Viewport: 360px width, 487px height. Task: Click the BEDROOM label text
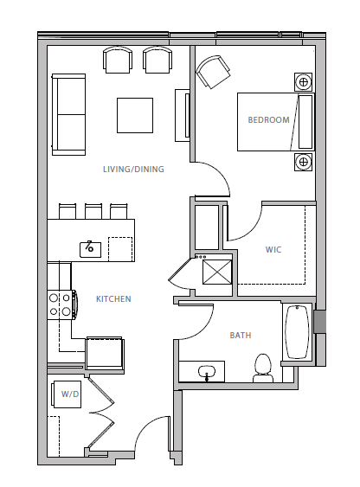pyautogui.click(x=268, y=120)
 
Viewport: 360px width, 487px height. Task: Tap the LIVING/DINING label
pyautogui.click(x=133, y=170)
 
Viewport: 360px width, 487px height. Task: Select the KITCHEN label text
pyautogui.click(x=113, y=299)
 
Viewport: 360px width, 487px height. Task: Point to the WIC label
pyautogui.click(x=273, y=250)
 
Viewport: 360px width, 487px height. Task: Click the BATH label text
pyautogui.click(x=241, y=336)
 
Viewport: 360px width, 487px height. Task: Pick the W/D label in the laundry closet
pyautogui.click(x=69, y=394)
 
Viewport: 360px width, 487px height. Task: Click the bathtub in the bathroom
pyautogui.click(x=297, y=333)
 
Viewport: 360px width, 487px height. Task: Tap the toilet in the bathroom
pyautogui.click(x=263, y=368)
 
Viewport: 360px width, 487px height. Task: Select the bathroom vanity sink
pyautogui.click(x=207, y=372)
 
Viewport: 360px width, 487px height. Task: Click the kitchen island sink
pyautogui.click(x=90, y=249)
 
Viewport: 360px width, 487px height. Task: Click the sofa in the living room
pyautogui.click(x=67, y=114)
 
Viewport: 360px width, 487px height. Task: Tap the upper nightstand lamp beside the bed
pyautogui.click(x=303, y=82)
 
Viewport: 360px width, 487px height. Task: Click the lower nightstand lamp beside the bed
pyautogui.click(x=303, y=161)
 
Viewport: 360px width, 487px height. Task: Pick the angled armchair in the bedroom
pyautogui.click(x=213, y=73)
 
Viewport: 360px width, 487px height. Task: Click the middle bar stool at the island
pyautogui.click(x=93, y=210)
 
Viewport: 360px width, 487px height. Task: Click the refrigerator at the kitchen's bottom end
pyautogui.click(x=105, y=354)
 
